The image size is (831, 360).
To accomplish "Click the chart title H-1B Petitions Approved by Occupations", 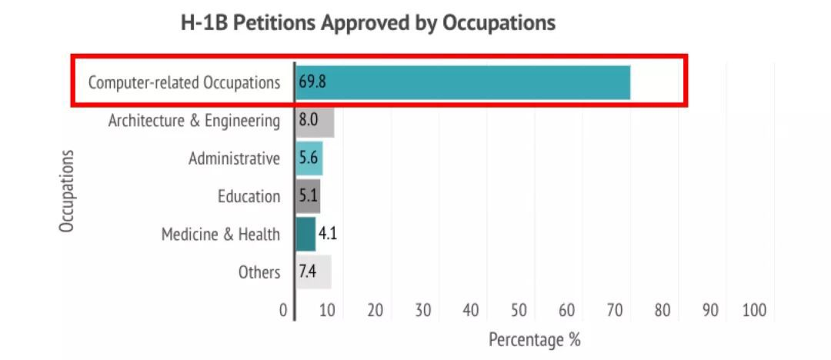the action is pyautogui.click(x=368, y=23).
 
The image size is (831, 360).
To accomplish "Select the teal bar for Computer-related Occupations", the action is pyautogui.click(x=462, y=83).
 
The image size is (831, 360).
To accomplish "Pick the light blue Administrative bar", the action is pyautogui.click(x=309, y=158).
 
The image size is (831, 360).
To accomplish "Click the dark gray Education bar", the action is pyautogui.click(x=307, y=197).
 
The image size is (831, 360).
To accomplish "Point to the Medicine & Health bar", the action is pyautogui.click(x=305, y=235).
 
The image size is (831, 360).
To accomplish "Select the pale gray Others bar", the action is pyautogui.click(x=313, y=272).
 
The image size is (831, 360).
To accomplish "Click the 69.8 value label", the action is pyautogui.click(x=312, y=83).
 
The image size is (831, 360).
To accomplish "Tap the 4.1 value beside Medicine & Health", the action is pyautogui.click(x=328, y=234).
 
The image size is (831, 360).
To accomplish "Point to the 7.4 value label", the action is pyautogui.click(x=308, y=272).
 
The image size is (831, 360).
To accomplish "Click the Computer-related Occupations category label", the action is pyautogui.click(x=184, y=83).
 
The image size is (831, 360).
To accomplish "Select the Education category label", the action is pyautogui.click(x=249, y=197).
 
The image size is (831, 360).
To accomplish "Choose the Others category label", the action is pyautogui.click(x=259, y=272).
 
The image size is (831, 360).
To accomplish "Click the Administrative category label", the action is pyautogui.click(x=234, y=158).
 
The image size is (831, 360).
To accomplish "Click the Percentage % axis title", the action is pyautogui.click(x=534, y=340).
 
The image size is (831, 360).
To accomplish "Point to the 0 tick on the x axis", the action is pyautogui.click(x=283, y=311).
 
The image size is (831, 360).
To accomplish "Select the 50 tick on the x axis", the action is pyautogui.click(x=519, y=311).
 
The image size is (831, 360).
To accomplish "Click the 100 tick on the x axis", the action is pyautogui.click(x=754, y=311).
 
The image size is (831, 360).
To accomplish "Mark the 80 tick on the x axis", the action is pyautogui.click(x=662, y=311).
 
